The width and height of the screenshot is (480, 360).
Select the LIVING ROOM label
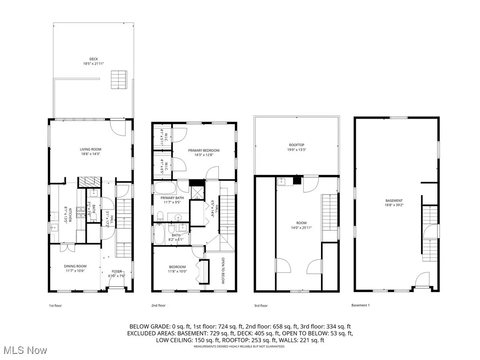90,149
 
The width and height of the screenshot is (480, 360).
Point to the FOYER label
116,271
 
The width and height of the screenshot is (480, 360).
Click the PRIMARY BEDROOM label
204,150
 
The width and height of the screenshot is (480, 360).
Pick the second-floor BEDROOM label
177,267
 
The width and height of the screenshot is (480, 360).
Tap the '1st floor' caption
55,306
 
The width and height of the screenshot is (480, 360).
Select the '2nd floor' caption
158,306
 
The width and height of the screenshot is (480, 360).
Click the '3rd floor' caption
261,306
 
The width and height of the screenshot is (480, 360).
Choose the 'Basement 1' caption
360,306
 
